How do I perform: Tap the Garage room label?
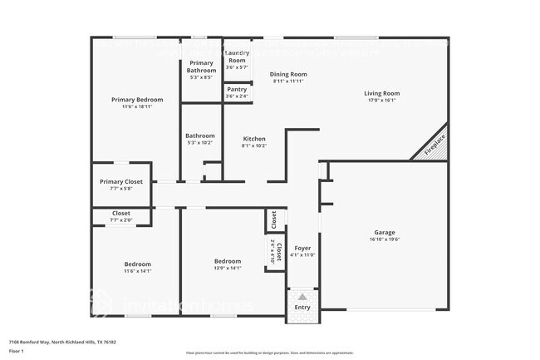coord(384,232)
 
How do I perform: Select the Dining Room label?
coord(288,74)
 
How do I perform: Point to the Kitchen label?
coord(254,138)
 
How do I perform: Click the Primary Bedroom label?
coord(137,100)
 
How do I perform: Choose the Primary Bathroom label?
coord(201,67)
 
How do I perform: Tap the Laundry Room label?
coord(238,57)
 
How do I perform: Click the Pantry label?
coord(237,89)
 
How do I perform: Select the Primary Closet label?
coord(121,182)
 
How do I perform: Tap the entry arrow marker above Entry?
coord(302,297)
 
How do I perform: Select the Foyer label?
coord(303,247)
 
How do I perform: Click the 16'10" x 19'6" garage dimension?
coord(384,239)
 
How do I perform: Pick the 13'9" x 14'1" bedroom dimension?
coord(228,269)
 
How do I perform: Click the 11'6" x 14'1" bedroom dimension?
coord(137,271)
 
